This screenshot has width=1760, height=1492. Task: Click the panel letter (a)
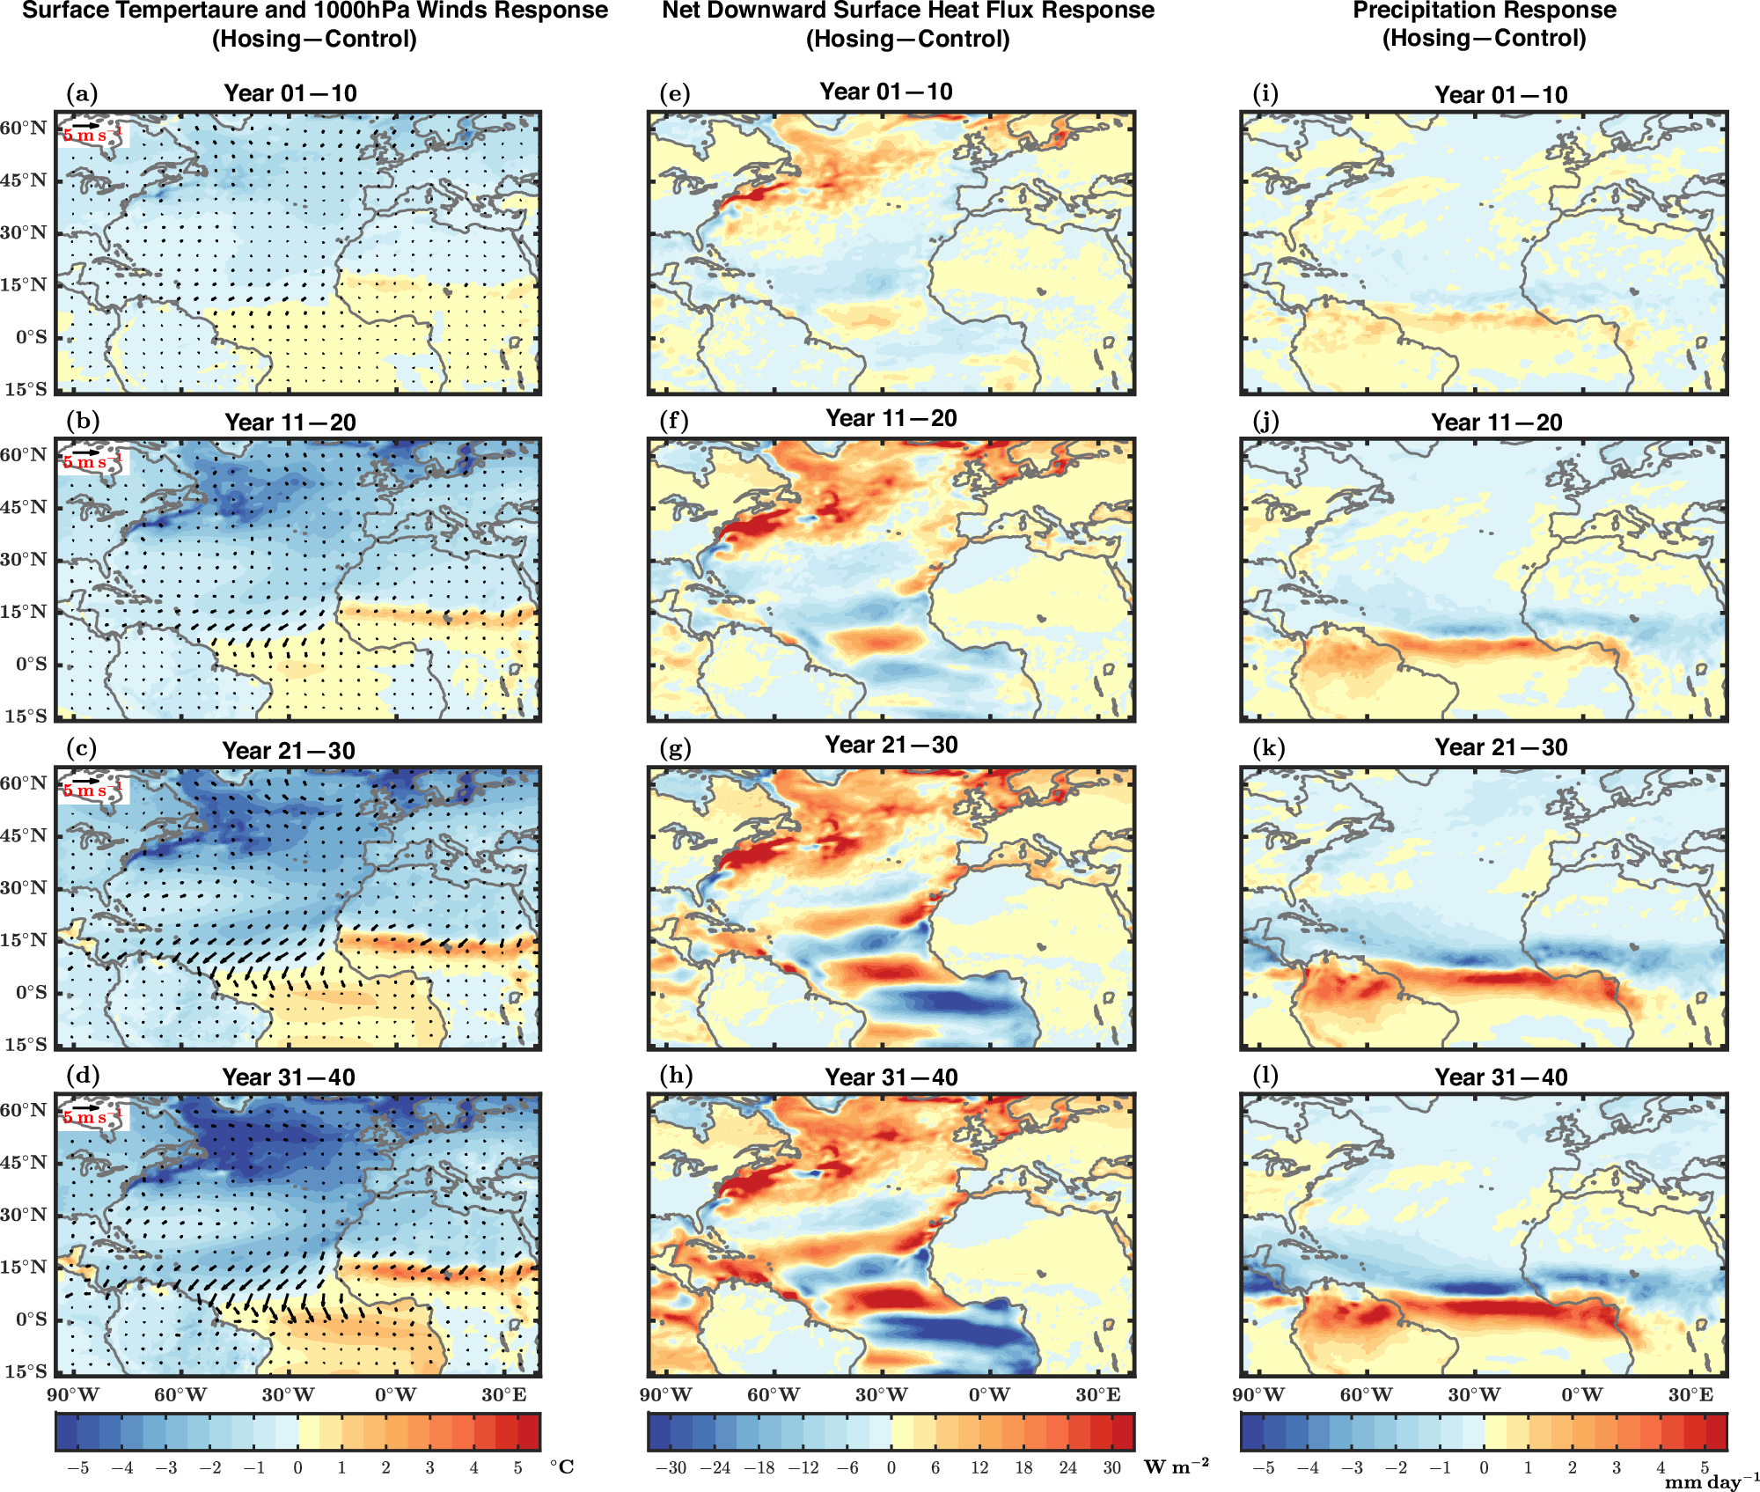point(82,94)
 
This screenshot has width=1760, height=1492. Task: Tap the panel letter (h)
point(675,1076)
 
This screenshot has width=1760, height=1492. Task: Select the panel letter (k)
point(1268,748)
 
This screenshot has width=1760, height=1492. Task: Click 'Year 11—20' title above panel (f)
point(891,418)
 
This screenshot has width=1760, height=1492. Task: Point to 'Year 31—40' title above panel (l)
point(1500,1077)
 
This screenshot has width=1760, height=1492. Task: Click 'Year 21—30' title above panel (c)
point(289,750)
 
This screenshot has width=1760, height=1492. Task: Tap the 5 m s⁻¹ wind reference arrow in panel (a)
point(86,125)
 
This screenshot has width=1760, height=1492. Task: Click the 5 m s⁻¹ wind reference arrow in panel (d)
point(86,1107)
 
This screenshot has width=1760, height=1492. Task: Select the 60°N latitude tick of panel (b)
point(24,455)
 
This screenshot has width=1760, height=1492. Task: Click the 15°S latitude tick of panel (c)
point(25,1044)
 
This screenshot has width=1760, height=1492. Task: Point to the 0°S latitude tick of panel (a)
point(31,337)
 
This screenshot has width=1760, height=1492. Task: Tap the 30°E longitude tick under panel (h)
point(1097,1394)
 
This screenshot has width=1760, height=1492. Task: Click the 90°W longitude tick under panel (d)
point(73,1394)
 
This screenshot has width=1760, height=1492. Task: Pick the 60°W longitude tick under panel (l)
point(1366,1394)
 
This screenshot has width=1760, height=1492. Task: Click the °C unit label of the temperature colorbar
point(561,1466)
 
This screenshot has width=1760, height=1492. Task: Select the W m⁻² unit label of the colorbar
point(1177,1466)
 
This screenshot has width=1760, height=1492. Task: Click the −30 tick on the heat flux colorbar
point(671,1467)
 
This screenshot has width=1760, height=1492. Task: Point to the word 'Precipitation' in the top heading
point(1419,11)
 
